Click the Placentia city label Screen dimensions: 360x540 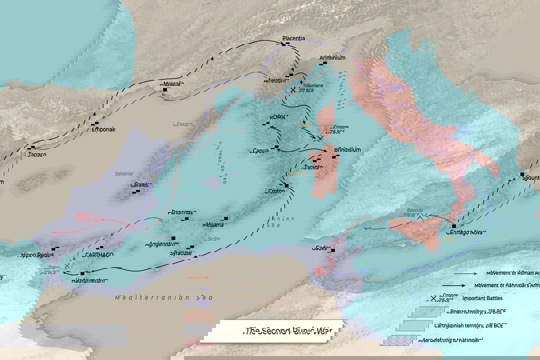point(293,38)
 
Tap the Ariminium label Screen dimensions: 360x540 point(332,57)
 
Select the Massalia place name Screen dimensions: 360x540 point(172,83)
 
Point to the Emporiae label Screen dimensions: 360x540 point(103,129)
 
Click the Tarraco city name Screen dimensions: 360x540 point(36,154)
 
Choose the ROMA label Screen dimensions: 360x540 point(278,116)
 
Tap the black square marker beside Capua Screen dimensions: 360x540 point(276,147)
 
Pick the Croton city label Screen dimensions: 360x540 point(275,191)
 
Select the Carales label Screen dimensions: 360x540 point(140,185)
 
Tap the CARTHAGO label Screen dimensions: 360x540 point(98,254)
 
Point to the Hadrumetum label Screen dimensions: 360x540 point(88,280)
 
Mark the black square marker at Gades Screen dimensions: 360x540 point(332,250)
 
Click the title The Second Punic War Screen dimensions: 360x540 point(284,331)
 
